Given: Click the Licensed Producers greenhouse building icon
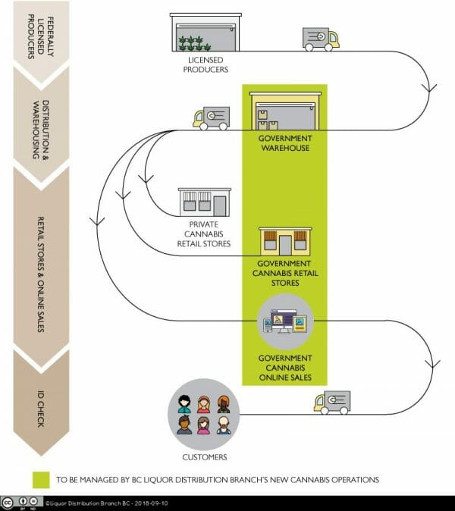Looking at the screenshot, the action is (206, 33).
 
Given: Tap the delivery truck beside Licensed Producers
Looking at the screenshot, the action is (321, 39).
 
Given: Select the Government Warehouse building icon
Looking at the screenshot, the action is (285, 111).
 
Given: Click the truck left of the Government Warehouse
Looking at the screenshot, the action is (212, 118).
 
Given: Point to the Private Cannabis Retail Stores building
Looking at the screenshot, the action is (204, 202).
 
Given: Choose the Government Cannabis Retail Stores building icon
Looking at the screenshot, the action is (285, 242).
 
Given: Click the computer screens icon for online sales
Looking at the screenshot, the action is (285, 321).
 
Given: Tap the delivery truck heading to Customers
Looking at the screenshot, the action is (332, 403).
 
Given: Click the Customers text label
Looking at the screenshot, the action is (205, 457).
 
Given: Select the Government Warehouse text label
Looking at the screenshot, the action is (285, 143).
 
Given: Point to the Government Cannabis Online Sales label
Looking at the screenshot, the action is (285, 368).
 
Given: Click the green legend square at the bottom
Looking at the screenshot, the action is (41, 480).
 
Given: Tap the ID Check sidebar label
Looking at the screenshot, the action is (41, 409).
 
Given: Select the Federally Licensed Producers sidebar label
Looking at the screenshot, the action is (40, 37).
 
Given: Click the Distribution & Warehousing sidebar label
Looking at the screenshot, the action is (41, 130).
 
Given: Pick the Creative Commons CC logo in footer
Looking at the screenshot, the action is (8, 503).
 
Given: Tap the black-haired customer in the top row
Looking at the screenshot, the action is (184, 404).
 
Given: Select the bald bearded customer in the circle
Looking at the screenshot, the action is (224, 425).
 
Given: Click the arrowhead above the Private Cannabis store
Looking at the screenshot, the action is (146, 179).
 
